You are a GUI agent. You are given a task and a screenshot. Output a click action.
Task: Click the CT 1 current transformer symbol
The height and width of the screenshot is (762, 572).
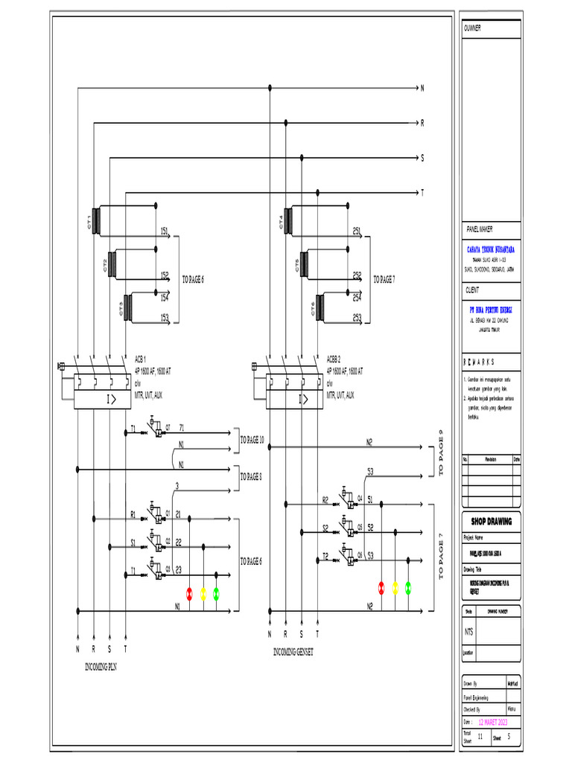click(95, 221)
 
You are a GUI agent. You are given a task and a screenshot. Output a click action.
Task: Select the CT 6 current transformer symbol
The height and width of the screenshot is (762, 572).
click(321, 312)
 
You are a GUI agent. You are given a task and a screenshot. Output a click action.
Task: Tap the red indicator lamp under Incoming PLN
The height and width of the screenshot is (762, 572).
click(189, 593)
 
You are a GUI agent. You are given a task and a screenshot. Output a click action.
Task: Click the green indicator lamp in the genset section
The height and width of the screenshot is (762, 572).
click(408, 588)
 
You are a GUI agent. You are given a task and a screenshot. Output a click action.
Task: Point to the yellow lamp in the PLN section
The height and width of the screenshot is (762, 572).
click(203, 593)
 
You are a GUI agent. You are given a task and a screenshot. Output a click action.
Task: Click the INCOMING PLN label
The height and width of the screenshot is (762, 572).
click(101, 667)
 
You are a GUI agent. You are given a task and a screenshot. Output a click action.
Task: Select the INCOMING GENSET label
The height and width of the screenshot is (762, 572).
click(293, 653)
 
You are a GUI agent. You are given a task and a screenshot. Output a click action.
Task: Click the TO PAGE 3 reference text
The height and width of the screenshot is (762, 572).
click(251, 477)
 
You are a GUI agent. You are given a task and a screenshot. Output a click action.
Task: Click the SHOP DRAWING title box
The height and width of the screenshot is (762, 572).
click(492, 522)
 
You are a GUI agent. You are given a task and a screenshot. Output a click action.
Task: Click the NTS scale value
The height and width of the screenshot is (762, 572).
click(468, 631)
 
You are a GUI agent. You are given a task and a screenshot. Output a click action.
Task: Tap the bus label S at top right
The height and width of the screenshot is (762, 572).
click(422, 159)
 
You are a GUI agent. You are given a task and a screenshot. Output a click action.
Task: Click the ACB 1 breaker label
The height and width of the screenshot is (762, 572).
click(140, 358)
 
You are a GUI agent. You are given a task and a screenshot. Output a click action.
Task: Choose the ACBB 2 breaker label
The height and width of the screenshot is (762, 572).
click(334, 358)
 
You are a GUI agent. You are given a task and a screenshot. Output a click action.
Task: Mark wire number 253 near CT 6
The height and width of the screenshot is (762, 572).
click(357, 318)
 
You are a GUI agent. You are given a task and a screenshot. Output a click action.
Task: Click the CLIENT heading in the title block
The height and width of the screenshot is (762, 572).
click(473, 290)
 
